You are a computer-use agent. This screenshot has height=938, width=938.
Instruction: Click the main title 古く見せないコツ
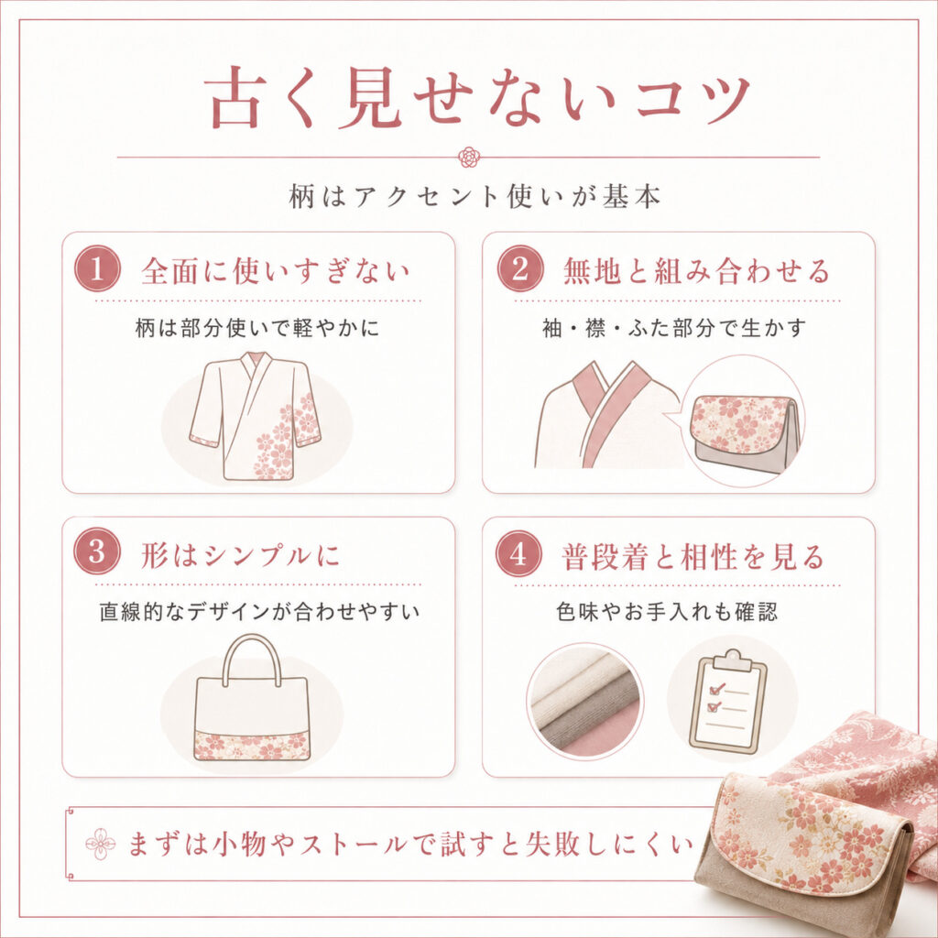477,99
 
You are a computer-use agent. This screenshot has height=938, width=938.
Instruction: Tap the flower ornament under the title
468,158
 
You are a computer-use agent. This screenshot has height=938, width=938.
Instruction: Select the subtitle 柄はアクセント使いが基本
474,197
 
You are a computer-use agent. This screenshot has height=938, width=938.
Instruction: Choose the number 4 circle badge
518,553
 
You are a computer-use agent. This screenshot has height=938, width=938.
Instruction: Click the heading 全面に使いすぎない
275,270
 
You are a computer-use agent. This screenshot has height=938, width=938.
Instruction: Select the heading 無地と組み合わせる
697,270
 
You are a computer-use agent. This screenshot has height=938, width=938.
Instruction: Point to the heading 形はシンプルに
241,555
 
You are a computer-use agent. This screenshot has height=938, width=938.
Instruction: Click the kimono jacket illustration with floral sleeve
256,417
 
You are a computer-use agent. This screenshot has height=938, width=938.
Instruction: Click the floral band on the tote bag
253,746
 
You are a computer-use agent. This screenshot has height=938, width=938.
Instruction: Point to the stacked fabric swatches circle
585,701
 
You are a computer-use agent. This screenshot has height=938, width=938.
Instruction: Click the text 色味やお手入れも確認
667,612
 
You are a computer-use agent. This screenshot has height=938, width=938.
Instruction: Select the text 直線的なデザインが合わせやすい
259,612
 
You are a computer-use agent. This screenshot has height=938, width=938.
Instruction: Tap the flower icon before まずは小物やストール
100,844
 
